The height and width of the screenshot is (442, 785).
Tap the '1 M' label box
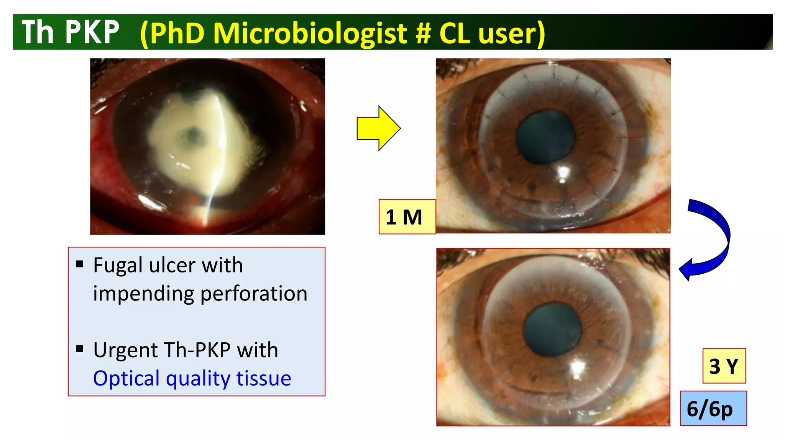coord(407,217)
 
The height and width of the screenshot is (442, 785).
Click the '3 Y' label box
coord(724,366)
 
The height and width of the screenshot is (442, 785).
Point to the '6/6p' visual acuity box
coord(713,409)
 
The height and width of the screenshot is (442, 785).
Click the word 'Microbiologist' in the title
coord(310,33)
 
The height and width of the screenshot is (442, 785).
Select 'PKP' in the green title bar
coord(92,32)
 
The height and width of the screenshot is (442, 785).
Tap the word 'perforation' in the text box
coord(254,294)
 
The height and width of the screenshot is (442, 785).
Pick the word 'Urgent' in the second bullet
coord(126,350)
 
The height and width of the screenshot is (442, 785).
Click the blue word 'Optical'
coord(126,378)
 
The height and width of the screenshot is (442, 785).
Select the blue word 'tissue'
coord(264,378)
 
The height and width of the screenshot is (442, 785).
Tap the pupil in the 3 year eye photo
coord(553,330)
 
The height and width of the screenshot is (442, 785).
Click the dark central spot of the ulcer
coord(194,135)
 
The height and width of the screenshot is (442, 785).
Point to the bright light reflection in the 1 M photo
coord(563,173)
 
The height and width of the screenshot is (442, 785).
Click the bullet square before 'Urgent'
coord(80,349)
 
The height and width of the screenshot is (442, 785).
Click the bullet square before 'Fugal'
coord(80,264)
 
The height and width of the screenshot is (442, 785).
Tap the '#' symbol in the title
coord(423,33)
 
